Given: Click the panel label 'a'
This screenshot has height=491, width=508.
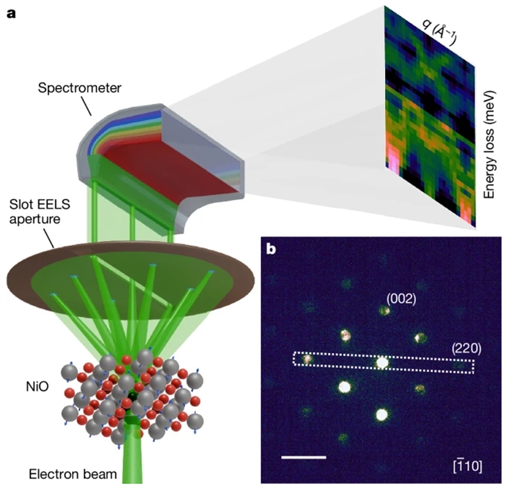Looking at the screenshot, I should pyautogui.click(x=12, y=13).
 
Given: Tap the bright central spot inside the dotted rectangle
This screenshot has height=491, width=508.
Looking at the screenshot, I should pyautogui.click(x=383, y=362).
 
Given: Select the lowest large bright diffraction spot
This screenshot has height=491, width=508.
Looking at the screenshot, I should pyautogui.click(x=382, y=414).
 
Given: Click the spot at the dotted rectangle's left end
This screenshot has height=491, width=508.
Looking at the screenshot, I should pyautogui.click(x=308, y=359).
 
